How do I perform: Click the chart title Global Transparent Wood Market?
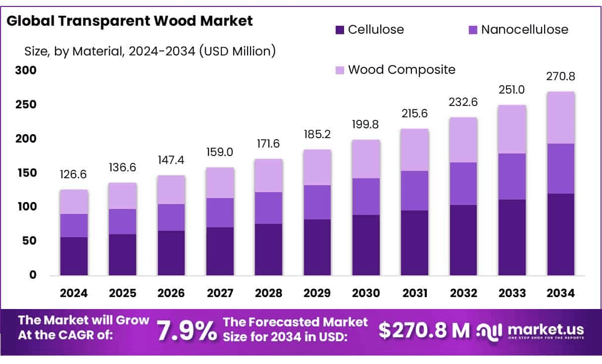pyautogui.click(x=130, y=21)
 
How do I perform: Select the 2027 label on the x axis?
pyautogui.click(x=220, y=293)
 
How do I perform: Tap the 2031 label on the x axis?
pyautogui.click(x=415, y=293)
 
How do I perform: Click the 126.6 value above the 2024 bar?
pyautogui.click(x=74, y=175)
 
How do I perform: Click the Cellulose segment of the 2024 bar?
pyautogui.click(x=74, y=256)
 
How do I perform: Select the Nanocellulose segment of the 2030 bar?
pyautogui.click(x=366, y=197)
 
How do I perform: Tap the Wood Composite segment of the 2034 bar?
pyautogui.click(x=560, y=117)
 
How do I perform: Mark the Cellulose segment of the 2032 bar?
pyautogui.click(x=463, y=240)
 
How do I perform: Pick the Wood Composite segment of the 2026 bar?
pyautogui.click(x=171, y=189)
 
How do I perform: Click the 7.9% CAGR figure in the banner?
pyautogui.click(x=186, y=331)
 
